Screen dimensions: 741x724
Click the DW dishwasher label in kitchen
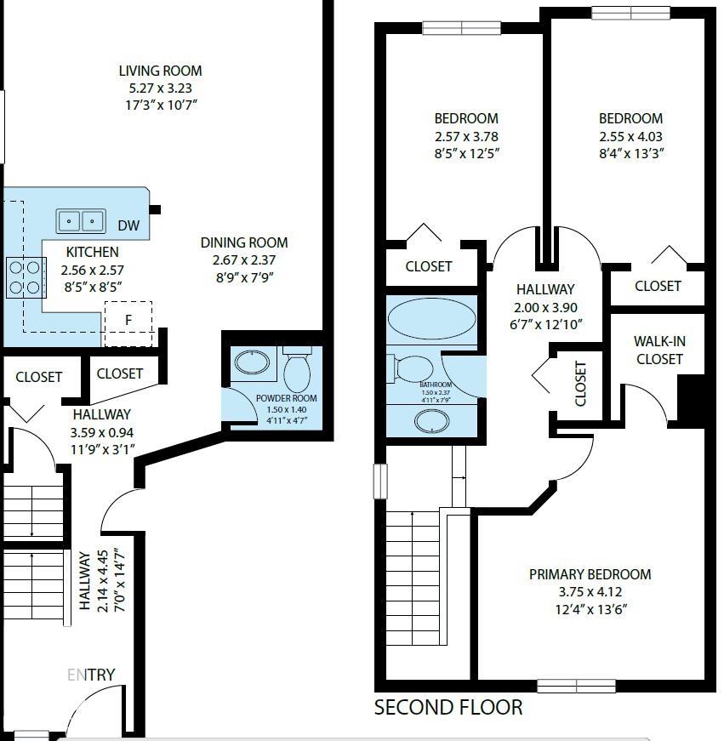coord(128,225)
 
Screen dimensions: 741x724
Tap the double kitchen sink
coord(81,221)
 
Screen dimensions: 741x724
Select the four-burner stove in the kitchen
coord(26,276)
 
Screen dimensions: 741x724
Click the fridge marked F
coord(128,322)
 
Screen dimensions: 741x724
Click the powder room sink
coord(252,363)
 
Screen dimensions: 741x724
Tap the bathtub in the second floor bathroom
coord(431,321)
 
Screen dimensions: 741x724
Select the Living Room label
coord(160,71)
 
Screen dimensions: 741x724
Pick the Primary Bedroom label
coord(590,574)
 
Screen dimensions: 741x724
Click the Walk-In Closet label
coord(658,350)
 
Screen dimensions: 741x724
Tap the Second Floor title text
coord(448,707)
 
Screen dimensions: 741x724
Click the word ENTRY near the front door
coord(91,675)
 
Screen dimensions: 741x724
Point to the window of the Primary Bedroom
coord(576,686)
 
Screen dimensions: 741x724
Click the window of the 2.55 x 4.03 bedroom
coord(630,13)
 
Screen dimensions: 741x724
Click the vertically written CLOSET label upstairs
coord(581,384)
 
